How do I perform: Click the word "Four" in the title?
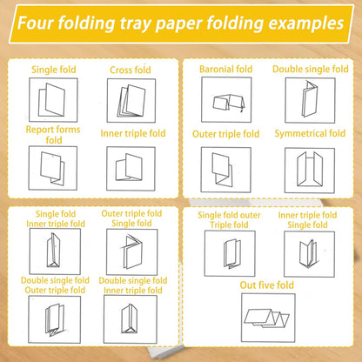coord(36,23)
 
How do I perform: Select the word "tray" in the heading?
coord(136,23)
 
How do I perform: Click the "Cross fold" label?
coord(131,70)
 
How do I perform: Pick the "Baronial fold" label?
coord(226,69)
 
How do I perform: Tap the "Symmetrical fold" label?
coord(310,133)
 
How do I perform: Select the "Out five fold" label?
coord(266,285)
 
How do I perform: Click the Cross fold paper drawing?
coord(131,101)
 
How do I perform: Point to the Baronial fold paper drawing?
coord(229,103)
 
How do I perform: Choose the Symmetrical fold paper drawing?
coord(310,169)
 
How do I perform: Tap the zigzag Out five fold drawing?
coord(266,318)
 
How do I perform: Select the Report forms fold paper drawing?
coord(52,168)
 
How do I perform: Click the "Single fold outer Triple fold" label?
coord(229,220)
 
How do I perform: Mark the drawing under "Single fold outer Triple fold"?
coord(232,253)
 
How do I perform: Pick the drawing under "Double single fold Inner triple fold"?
coord(130,318)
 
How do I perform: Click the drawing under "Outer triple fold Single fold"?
coord(131,251)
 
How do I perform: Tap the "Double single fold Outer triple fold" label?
coord(55,285)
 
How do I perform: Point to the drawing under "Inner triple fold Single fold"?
coord(309,252)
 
